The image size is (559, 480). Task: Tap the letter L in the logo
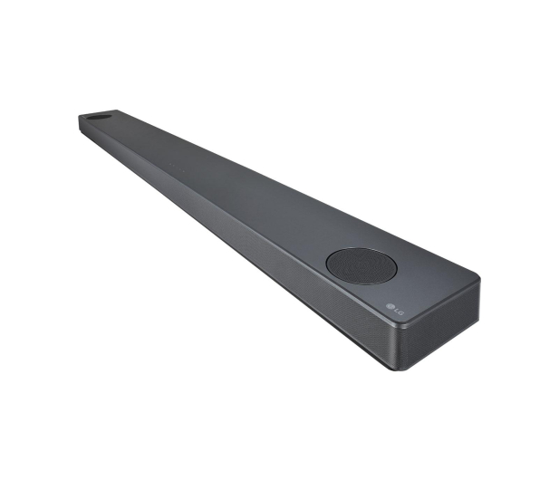tap(397, 310)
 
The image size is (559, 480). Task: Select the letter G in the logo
tap(401, 312)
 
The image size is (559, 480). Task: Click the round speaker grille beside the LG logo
tap(361, 266)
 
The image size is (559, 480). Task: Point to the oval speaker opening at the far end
tap(99, 117)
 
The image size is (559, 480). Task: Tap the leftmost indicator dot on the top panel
tap(170, 165)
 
